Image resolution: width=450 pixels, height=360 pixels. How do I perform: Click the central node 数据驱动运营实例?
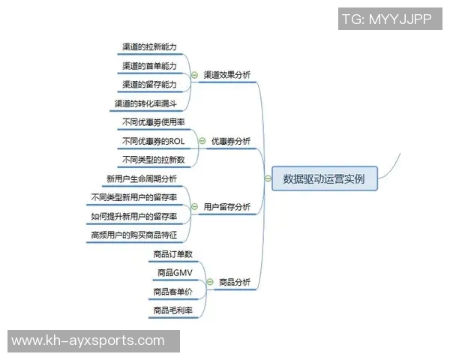pos(325,178)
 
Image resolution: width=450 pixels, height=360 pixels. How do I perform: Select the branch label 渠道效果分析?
pos(227,75)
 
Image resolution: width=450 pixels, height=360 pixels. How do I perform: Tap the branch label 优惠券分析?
pos(231,140)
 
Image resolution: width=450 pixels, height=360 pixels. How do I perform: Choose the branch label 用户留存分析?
pos(227,207)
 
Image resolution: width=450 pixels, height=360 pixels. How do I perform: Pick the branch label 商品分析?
pos(235,283)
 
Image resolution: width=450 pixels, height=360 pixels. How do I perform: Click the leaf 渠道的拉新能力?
pos(150,46)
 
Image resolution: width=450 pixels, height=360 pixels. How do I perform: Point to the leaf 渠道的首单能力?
pos(150,66)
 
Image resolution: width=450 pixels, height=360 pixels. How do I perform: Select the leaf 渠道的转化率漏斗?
pos(145,103)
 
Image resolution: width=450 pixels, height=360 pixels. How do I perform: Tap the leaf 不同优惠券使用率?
pos(152,121)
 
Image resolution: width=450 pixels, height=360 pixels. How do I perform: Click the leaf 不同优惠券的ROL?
pos(152,141)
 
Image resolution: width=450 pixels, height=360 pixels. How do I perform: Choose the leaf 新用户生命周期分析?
pos(142,178)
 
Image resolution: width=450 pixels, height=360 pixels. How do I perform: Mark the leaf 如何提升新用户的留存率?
pos(134,216)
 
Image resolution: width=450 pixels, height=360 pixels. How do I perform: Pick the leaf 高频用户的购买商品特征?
pos(133,235)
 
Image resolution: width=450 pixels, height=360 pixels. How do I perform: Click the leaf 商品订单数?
pos(172,254)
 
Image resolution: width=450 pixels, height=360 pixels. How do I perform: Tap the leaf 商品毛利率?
pos(172,310)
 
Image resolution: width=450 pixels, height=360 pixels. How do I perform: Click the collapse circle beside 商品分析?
pos(210,283)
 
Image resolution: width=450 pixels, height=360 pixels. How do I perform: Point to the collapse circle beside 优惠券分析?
pos(202,141)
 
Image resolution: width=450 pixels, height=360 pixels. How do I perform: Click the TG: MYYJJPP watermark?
pos(386,19)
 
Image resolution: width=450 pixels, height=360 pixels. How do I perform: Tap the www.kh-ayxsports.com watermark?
pos(88,340)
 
